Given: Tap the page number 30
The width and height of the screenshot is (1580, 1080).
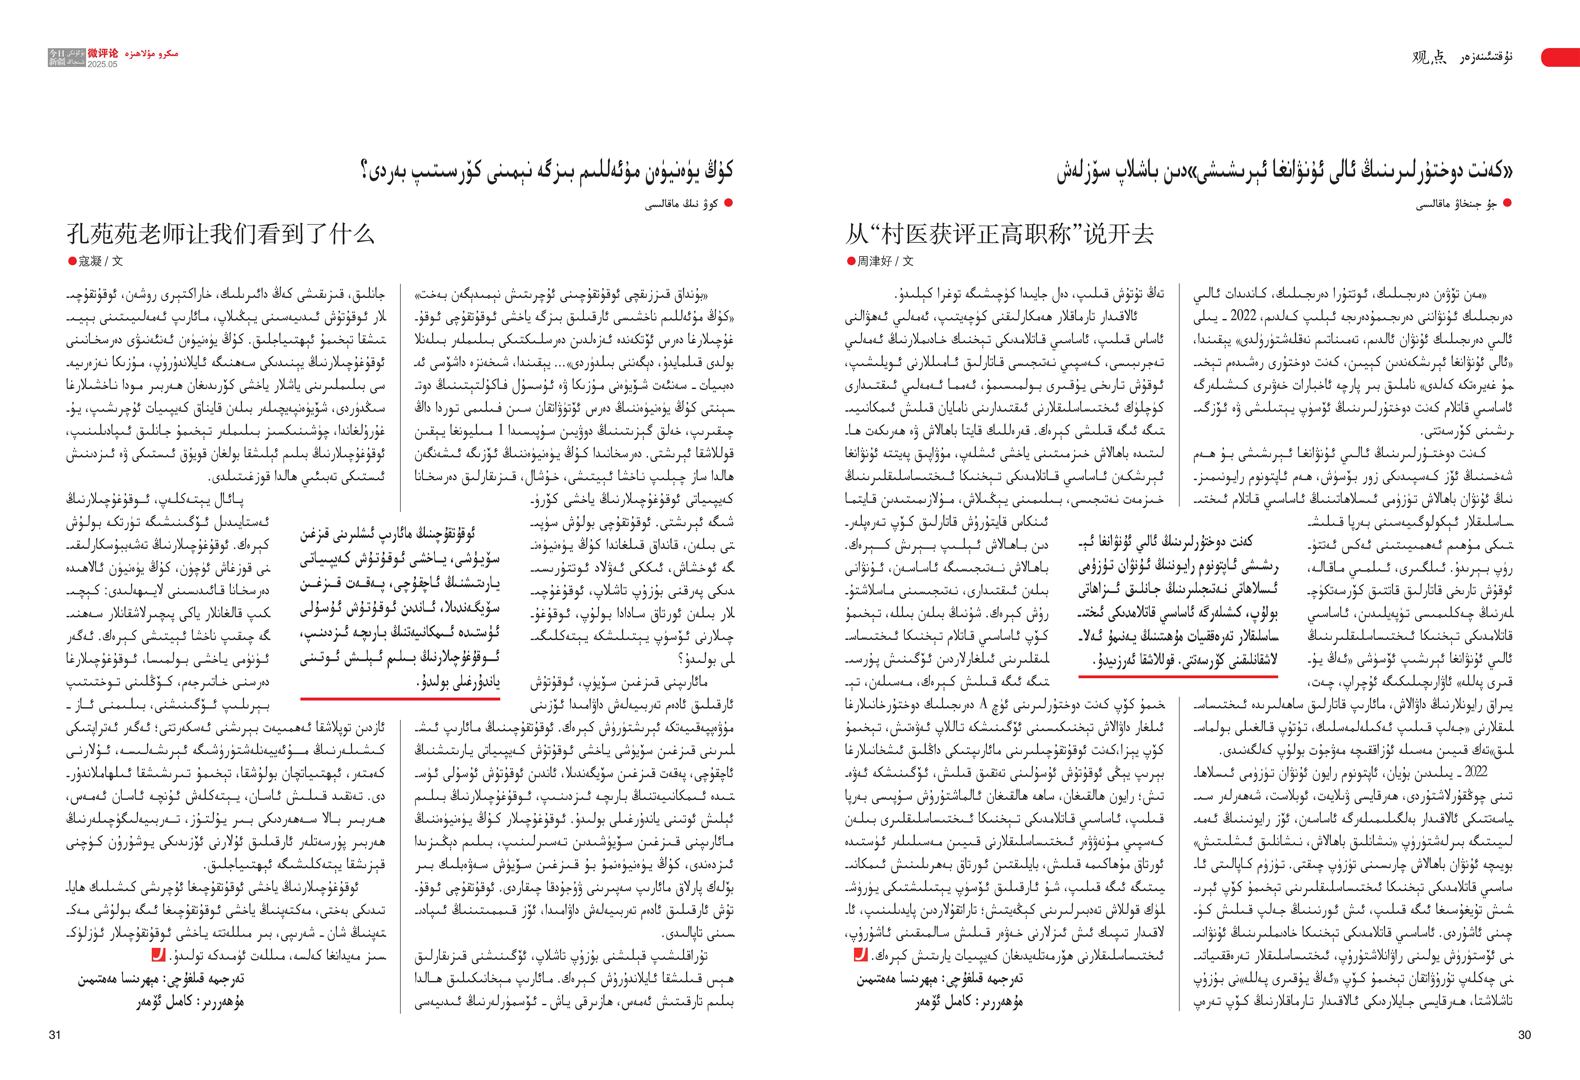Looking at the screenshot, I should [x=1524, y=1034].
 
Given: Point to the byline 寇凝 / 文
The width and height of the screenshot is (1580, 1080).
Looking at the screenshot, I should [x=101, y=261].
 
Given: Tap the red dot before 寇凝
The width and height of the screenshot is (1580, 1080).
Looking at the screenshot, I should [x=72, y=261].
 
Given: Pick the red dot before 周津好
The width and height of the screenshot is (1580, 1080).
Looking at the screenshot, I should [x=851, y=261].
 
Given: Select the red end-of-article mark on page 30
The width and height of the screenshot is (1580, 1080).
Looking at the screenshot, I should [x=861, y=955].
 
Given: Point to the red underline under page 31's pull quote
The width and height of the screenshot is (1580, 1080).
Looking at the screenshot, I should [x=400, y=698].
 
